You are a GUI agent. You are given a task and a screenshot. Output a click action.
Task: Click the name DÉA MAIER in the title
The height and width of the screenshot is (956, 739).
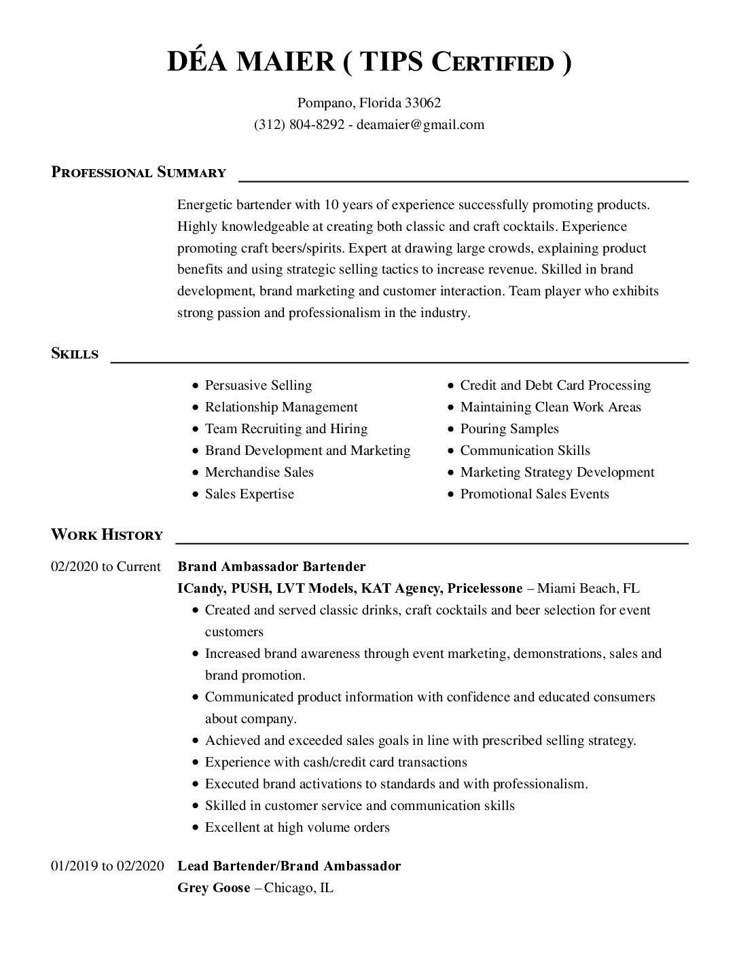coord(251,62)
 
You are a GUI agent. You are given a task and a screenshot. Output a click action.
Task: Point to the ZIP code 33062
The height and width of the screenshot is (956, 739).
coord(423,103)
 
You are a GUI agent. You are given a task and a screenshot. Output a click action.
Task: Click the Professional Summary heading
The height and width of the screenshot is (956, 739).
coord(139,172)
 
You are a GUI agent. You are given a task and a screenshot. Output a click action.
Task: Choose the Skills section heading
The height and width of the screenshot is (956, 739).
coord(75,354)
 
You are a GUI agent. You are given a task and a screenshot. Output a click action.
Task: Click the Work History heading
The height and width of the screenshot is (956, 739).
coord(107,535)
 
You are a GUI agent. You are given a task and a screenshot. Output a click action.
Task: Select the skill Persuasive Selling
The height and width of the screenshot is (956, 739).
coord(258,386)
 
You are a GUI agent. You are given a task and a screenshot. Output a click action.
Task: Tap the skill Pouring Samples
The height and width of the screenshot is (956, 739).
coord(509,429)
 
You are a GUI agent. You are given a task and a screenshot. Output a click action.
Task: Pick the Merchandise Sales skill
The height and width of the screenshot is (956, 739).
coord(259,473)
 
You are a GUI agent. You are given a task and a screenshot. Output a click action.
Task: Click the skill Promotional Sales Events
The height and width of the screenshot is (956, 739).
coord(535,494)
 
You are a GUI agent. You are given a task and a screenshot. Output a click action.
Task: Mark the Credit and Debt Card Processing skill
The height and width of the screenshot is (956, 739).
coord(555,386)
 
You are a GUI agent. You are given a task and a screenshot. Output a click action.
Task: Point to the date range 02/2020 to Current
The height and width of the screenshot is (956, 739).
coord(106,567)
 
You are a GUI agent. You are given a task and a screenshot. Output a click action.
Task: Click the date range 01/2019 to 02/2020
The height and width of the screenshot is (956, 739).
coord(107,866)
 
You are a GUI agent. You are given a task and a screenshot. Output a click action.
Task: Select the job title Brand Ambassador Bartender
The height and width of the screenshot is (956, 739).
coord(271,567)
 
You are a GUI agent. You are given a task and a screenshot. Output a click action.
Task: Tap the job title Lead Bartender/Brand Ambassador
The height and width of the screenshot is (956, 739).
coord(289,866)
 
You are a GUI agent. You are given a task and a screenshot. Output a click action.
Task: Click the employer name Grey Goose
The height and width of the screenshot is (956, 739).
coord(213,887)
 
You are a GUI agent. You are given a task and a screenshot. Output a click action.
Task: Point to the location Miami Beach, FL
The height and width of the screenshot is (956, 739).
coord(588,589)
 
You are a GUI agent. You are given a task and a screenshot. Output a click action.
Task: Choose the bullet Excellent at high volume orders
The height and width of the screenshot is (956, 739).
coord(297,828)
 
